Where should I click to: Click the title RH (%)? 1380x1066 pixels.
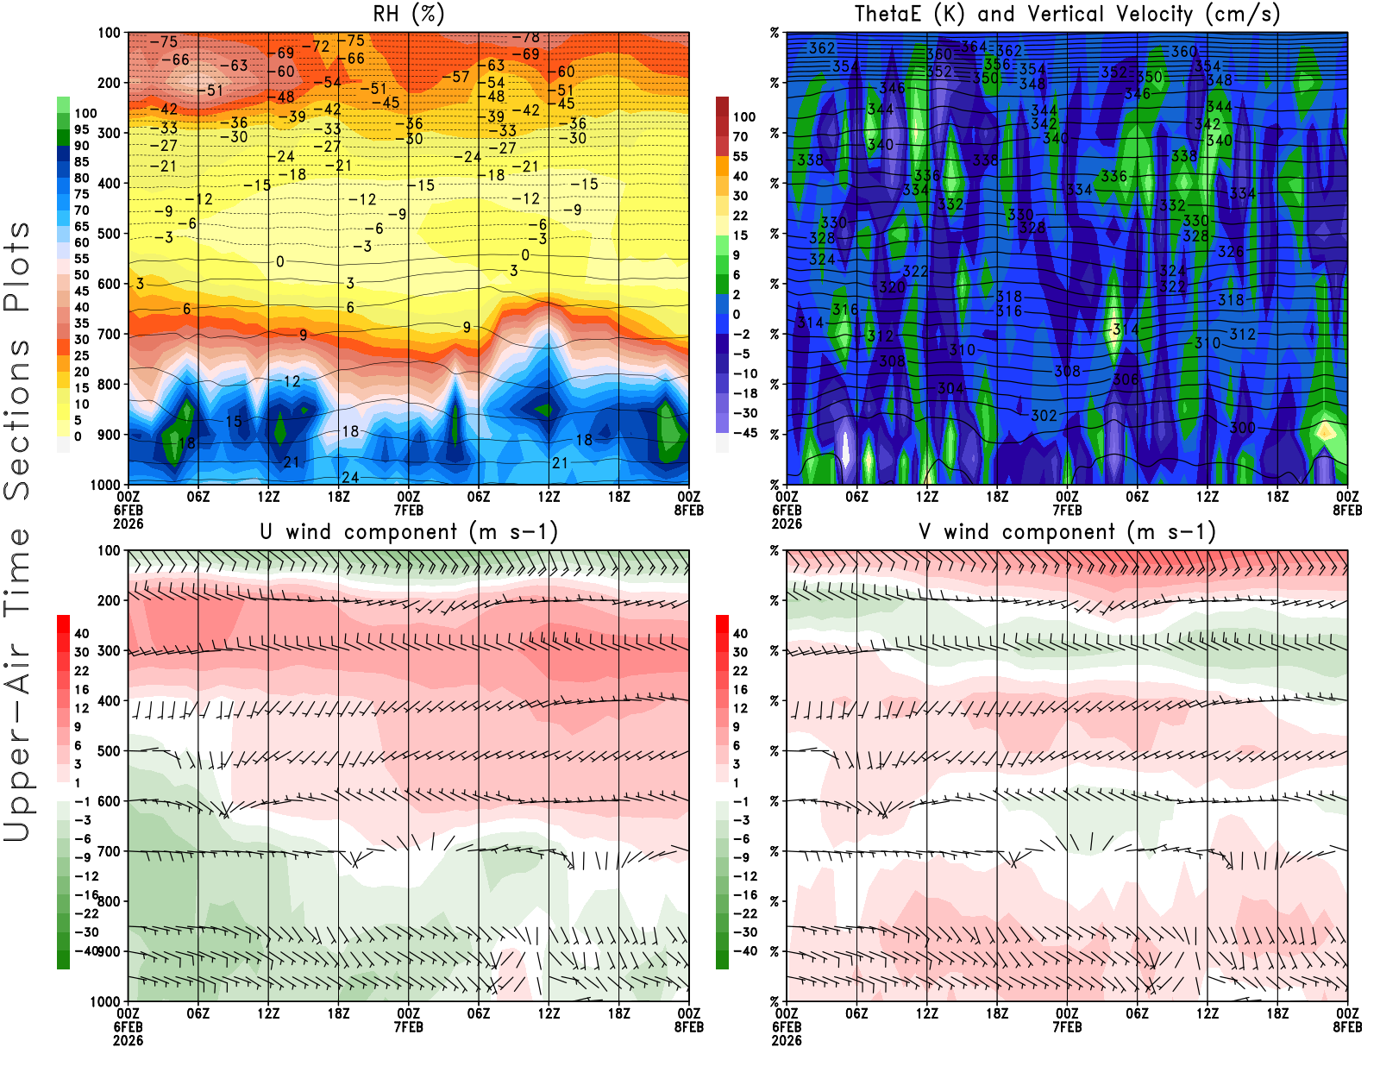[x=408, y=14]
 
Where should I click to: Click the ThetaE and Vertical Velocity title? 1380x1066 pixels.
[x=1067, y=14]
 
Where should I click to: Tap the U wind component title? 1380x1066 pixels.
[x=408, y=531]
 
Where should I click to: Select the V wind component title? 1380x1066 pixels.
[x=1067, y=531]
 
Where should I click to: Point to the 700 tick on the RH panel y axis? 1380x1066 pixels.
[x=109, y=334]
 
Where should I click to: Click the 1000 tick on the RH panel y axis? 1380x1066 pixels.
[x=105, y=485]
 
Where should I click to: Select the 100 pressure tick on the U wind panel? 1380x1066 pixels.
[x=109, y=550]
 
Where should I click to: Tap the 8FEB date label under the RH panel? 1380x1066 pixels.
[x=689, y=511]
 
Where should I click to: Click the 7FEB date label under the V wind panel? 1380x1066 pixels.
[x=1067, y=1027]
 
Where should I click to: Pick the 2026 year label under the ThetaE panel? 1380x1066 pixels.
[x=787, y=524]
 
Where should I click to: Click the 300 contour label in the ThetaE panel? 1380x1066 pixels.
[x=1242, y=428]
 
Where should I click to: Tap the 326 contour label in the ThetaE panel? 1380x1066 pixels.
[x=1231, y=252]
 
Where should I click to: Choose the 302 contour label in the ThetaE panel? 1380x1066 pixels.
[x=1044, y=416]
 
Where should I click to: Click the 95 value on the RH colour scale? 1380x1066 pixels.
[x=81, y=129]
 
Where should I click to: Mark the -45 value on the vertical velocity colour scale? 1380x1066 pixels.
[x=744, y=433]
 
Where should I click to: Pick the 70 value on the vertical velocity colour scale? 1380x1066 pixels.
[x=740, y=136]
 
